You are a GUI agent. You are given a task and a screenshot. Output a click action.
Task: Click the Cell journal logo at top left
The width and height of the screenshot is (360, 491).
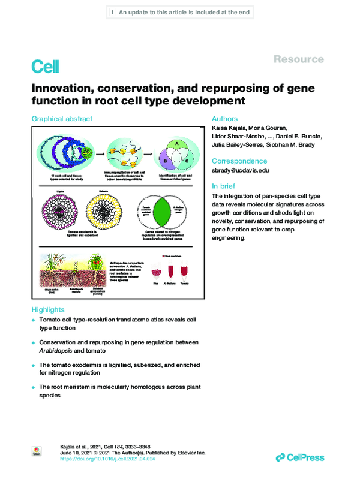(x=45, y=66)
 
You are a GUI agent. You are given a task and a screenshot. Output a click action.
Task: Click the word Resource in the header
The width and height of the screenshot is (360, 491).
(x=298, y=59)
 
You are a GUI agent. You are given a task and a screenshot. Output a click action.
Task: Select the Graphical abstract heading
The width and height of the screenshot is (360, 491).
(x=62, y=119)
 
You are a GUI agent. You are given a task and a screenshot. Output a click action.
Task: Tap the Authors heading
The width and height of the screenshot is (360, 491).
(x=225, y=119)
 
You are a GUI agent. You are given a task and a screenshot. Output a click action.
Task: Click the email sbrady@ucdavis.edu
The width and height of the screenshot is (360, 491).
(x=241, y=170)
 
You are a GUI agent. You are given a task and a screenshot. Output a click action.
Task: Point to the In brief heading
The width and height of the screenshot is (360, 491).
(x=226, y=186)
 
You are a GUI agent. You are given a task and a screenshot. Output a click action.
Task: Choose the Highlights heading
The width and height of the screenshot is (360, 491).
(x=48, y=310)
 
